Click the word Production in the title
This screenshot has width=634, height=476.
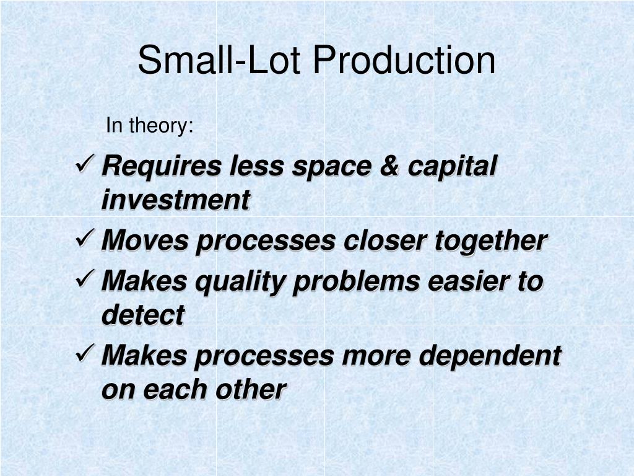pyautogui.click(x=404, y=60)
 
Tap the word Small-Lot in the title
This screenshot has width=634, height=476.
pyautogui.click(x=219, y=60)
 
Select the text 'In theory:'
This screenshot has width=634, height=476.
pyautogui.click(x=150, y=125)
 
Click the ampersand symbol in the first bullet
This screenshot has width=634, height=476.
pyautogui.click(x=389, y=166)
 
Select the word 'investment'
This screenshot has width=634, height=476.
pyautogui.click(x=176, y=200)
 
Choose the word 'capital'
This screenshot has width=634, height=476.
pyautogui.click(x=452, y=167)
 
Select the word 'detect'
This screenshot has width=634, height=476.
pyautogui.click(x=143, y=315)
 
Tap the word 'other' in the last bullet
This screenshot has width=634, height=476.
pyautogui.click(x=251, y=389)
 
